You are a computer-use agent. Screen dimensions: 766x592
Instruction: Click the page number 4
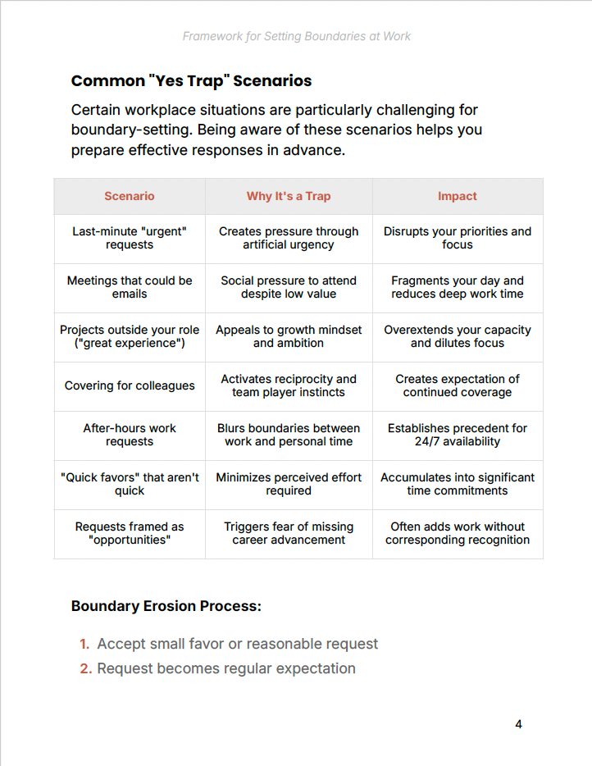518,724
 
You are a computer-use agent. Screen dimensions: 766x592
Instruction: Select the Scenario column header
130,196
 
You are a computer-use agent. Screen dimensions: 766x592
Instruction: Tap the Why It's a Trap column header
289,196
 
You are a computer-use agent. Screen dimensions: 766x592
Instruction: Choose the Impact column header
458,196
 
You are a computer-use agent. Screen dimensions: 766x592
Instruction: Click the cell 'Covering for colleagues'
130,385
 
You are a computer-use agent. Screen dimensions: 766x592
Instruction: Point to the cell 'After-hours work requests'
130,435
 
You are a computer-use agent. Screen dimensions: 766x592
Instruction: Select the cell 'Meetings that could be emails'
130,287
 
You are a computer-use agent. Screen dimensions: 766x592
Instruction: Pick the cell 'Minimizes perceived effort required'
289,484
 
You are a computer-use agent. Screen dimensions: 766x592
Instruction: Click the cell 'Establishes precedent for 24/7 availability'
458,435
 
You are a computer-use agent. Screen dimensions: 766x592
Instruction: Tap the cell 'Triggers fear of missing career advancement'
289,533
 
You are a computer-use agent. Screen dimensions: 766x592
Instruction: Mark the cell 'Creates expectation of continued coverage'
458,385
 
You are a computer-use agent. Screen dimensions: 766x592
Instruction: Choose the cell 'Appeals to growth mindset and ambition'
289,336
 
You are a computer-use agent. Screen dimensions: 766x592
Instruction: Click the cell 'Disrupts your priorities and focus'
458,238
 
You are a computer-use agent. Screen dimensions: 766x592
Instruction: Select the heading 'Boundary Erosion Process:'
166,606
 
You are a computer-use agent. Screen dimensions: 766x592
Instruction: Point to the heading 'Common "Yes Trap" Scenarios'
191,80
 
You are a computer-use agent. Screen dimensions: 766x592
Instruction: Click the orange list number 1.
84,644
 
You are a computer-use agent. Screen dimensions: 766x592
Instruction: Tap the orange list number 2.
85,668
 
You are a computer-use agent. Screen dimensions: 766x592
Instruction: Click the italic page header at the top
296,36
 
